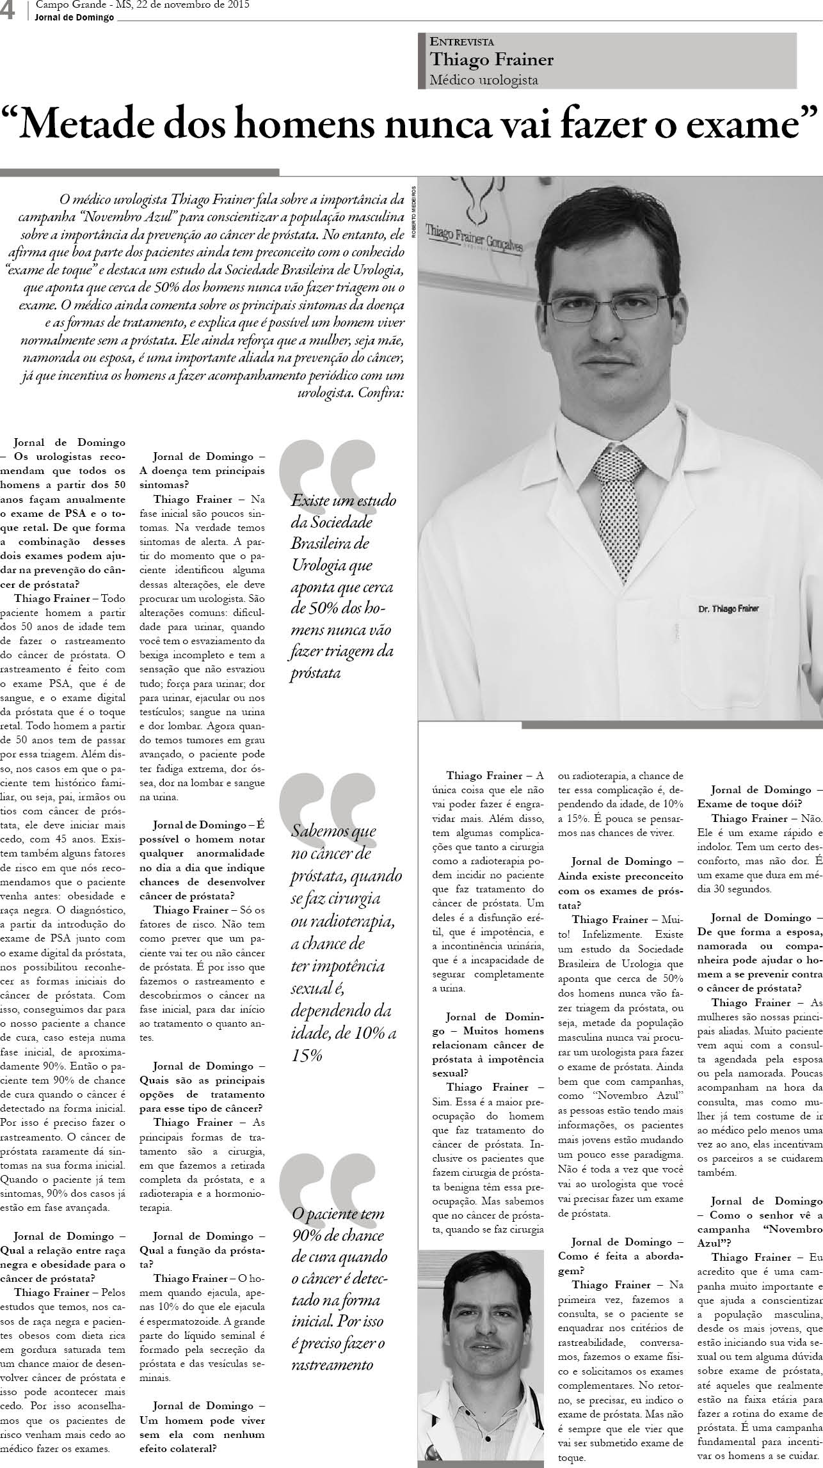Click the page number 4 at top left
[x=8, y=11]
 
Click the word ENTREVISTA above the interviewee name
[x=462, y=42]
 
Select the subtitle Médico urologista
[x=484, y=80]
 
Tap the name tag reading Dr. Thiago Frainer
[x=728, y=608]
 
